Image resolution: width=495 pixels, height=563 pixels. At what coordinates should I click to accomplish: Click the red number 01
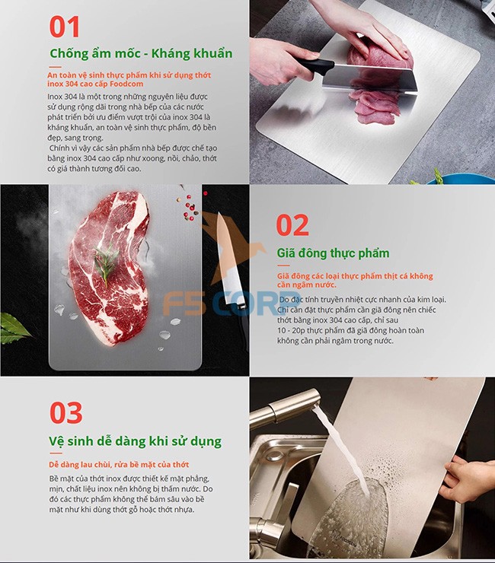[64, 27]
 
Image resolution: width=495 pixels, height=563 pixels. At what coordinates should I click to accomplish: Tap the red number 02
[292, 225]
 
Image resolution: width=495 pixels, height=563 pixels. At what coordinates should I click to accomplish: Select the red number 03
[66, 412]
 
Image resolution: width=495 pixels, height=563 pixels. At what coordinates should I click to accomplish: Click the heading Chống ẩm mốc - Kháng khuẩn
[141, 53]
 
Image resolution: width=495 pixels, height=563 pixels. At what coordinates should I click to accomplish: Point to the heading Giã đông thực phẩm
[333, 253]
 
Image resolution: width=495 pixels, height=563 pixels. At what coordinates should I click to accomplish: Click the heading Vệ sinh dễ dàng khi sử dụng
[135, 441]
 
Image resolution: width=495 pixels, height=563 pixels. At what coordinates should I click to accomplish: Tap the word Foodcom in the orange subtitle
[126, 84]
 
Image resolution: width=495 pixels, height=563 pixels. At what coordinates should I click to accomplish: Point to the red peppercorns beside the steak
[190, 207]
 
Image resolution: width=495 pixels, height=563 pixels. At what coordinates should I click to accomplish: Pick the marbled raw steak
[110, 269]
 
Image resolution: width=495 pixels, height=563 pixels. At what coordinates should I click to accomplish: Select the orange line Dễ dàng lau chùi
[119, 465]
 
